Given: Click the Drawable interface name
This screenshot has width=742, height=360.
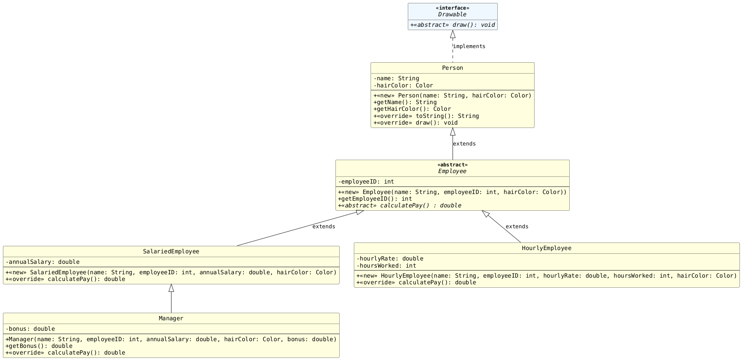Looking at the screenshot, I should (452, 14).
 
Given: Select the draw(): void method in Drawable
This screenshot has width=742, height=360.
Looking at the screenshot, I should (453, 25).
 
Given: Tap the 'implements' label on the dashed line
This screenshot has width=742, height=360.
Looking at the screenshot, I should (469, 46).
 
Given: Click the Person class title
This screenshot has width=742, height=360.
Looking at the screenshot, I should (452, 68).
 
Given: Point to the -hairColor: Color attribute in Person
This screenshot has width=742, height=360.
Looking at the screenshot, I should (403, 85).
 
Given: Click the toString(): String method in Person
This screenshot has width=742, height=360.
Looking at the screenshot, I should (426, 116).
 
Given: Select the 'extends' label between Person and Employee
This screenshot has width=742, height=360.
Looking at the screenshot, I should (464, 144).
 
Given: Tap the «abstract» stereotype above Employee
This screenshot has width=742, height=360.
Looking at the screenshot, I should (452, 165).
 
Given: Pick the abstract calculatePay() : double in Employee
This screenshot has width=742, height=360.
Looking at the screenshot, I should (399, 205).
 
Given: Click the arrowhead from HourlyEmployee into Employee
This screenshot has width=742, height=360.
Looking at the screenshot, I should (485, 214).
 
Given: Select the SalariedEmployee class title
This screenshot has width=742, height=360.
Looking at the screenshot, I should (171, 251).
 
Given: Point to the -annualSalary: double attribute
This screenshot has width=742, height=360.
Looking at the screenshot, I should (42, 262).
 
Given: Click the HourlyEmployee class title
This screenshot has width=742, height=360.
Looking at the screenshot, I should (546, 248).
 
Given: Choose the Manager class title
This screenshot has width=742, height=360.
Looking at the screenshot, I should (171, 318).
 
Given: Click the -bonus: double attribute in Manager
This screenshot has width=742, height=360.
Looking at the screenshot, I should (30, 329).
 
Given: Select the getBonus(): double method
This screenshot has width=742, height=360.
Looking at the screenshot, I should (39, 346).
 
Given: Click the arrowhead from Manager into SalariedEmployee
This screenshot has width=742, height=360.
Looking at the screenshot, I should (171, 288).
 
